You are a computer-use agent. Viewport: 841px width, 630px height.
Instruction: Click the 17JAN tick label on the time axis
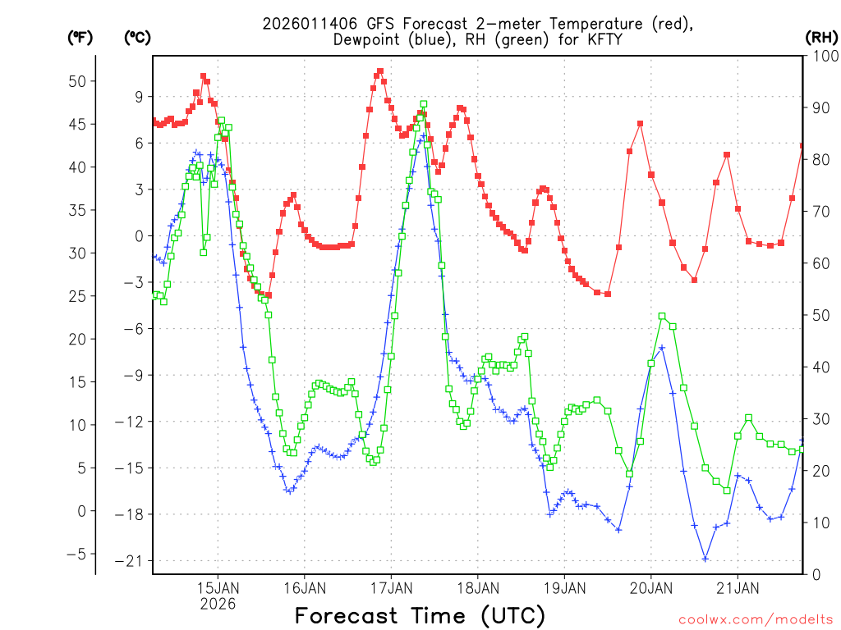point(391,587)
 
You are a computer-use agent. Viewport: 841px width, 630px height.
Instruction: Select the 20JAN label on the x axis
point(651,587)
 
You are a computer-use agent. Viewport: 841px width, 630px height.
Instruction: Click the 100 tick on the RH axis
point(823,56)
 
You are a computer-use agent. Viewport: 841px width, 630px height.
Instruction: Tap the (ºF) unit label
point(80,37)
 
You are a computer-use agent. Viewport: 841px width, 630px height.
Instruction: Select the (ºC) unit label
point(137,37)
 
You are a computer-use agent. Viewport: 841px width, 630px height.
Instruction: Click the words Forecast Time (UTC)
point(420,615)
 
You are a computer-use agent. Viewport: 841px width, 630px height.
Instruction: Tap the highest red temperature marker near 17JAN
point(380,71)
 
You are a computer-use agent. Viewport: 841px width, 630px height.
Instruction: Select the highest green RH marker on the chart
point(424,104)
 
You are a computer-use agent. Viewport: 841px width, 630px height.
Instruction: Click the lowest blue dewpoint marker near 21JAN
point(705,559)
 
